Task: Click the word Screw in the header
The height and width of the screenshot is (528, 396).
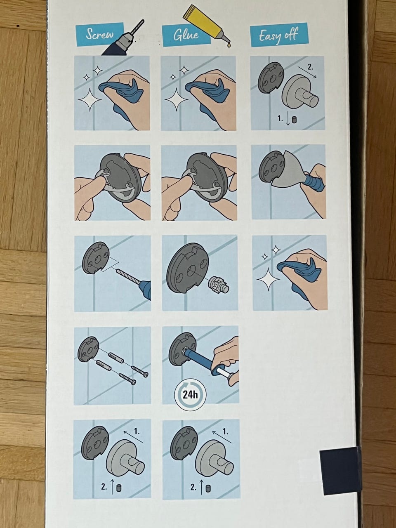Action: click(x=99, y=34)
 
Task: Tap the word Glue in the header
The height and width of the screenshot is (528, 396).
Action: click(x=186, y=35)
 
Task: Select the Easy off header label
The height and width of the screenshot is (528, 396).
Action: click(x=279, y=35)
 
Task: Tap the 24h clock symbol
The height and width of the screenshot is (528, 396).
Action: click(x=190, y=395)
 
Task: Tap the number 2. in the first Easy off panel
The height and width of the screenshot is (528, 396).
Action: click(x=310, y=67)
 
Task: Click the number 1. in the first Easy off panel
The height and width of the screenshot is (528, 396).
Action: click(x=280, y=118)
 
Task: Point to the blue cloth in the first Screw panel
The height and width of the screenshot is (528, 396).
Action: click(x=121, y=96)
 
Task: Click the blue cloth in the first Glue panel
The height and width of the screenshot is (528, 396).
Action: click(x=208, y=96)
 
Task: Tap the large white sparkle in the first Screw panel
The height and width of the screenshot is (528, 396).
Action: click(x=90, y=99)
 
